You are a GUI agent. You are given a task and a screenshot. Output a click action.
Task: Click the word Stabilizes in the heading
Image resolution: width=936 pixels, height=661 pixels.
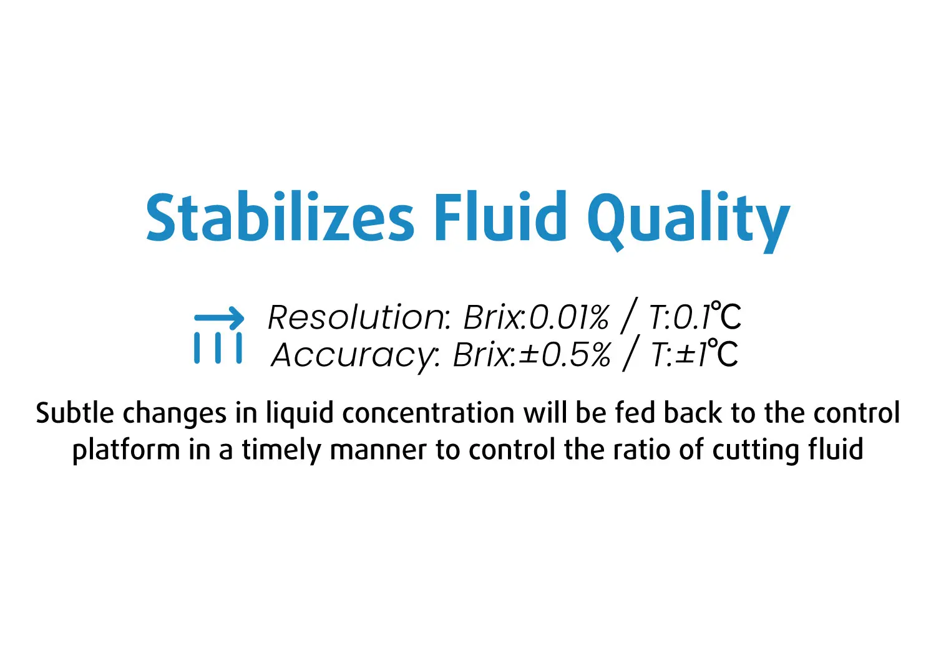click(280, 217)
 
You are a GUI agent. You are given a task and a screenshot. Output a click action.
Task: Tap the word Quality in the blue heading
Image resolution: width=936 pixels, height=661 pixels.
click(689, 222)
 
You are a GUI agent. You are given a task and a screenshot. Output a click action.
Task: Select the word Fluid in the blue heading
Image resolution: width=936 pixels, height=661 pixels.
click(500, 216)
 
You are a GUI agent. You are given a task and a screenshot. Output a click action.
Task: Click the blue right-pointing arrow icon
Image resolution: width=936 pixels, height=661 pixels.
click(219, 318)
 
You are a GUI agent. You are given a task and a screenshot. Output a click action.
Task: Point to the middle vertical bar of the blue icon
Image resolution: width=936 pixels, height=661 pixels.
click(218, 348)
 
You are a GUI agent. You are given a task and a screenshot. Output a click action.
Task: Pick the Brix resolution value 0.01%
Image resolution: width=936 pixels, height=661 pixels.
click(569, 317)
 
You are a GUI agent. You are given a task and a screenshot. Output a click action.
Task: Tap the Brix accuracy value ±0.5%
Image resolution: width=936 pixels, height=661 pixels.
click(565, 355)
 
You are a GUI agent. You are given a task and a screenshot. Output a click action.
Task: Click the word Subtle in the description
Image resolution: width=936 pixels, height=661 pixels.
click(75, 413)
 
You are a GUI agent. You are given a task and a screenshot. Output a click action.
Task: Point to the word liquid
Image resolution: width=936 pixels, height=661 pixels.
click(300, 415)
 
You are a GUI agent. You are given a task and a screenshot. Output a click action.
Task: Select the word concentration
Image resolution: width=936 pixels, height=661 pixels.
click(428, 414)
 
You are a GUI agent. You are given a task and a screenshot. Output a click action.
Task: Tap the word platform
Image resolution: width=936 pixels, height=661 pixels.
click(126, 451)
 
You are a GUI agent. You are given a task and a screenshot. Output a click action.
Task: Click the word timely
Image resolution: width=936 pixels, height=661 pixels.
click(281, 451)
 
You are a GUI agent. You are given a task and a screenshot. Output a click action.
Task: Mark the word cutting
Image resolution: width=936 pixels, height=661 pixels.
click(756, 451)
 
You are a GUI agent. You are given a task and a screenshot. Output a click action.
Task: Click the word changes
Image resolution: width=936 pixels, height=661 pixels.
click(175, 415)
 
